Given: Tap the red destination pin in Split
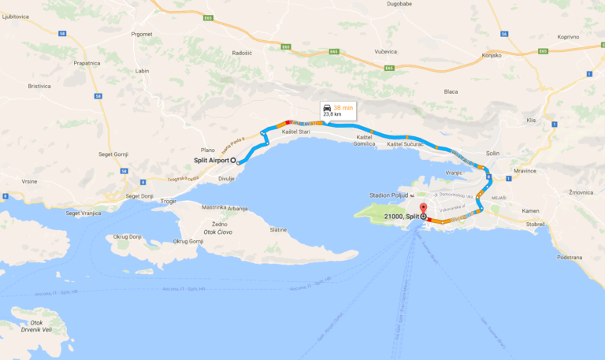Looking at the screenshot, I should (423, 210).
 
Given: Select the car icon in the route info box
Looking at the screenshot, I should (327, 108).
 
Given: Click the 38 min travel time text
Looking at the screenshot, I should (343, 108).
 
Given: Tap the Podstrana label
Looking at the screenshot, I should (569, 257).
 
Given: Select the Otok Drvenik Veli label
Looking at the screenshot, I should (37, 326).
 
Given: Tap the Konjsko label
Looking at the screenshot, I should (492, 56).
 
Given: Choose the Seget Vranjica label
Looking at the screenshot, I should (82, 213).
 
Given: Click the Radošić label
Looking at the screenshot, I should (242, 55).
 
